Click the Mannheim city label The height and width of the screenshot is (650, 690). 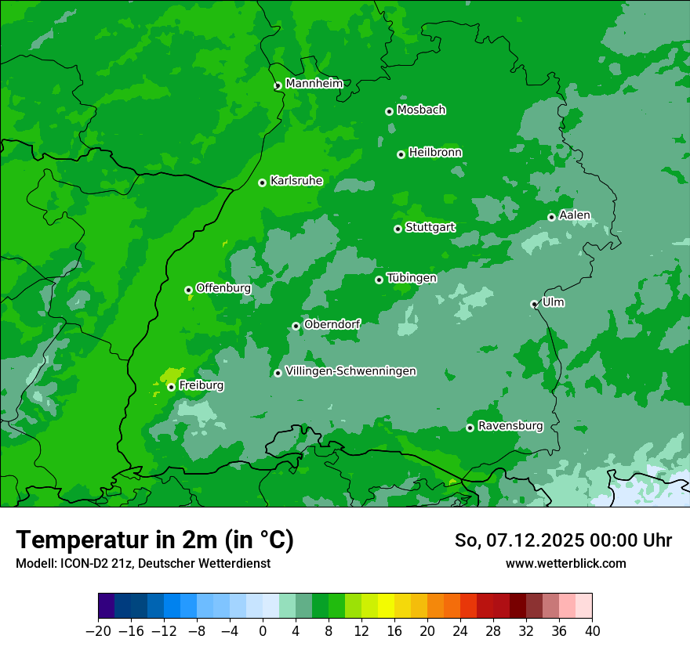click(314, 84)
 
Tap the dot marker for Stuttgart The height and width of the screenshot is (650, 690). click(398, 229)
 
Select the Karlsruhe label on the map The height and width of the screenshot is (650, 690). click(296, 181)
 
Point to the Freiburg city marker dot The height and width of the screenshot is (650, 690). click(171, 387)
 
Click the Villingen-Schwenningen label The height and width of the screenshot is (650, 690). click(350, 371)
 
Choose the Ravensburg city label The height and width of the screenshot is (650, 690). click(510, 426)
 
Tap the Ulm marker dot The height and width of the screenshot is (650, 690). click(534, 304)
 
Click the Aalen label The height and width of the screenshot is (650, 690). click(575, 215)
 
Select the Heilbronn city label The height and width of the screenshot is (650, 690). click(435, 153)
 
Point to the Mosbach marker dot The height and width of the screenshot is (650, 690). click(389, 111)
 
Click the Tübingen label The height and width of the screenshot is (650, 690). click(412, 278)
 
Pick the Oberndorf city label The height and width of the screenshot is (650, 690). click(332, 324)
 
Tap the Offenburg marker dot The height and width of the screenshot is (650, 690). click(188, 290)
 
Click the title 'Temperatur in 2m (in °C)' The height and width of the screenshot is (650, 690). click(154, 540)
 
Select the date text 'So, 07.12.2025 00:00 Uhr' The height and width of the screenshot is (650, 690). click(563, 540)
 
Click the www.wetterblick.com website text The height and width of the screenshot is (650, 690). click(565, 563)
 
